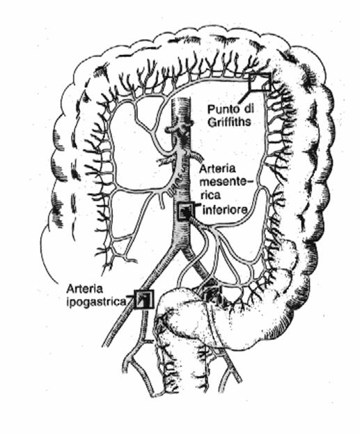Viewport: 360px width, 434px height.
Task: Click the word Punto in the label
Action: [223, 109]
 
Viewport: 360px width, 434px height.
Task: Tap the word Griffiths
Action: [229, 122]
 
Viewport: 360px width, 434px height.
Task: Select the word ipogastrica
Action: [96, 302]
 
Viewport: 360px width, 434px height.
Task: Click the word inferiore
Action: [225, 210]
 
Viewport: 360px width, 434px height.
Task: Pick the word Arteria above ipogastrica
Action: [84, 289]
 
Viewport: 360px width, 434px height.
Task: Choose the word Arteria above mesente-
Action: [217, 169]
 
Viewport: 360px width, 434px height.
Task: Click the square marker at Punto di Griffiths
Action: [260, 82]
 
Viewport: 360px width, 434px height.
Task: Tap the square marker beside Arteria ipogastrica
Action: [143, 298]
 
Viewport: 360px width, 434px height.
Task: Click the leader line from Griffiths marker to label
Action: [247, 94]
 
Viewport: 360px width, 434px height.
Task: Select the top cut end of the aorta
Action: [181, 99]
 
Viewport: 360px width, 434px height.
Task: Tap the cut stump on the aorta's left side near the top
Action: [169, 130]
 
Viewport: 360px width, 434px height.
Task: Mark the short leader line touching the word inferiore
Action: [198, 206]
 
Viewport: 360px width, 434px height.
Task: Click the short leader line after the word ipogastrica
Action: [130, 300]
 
